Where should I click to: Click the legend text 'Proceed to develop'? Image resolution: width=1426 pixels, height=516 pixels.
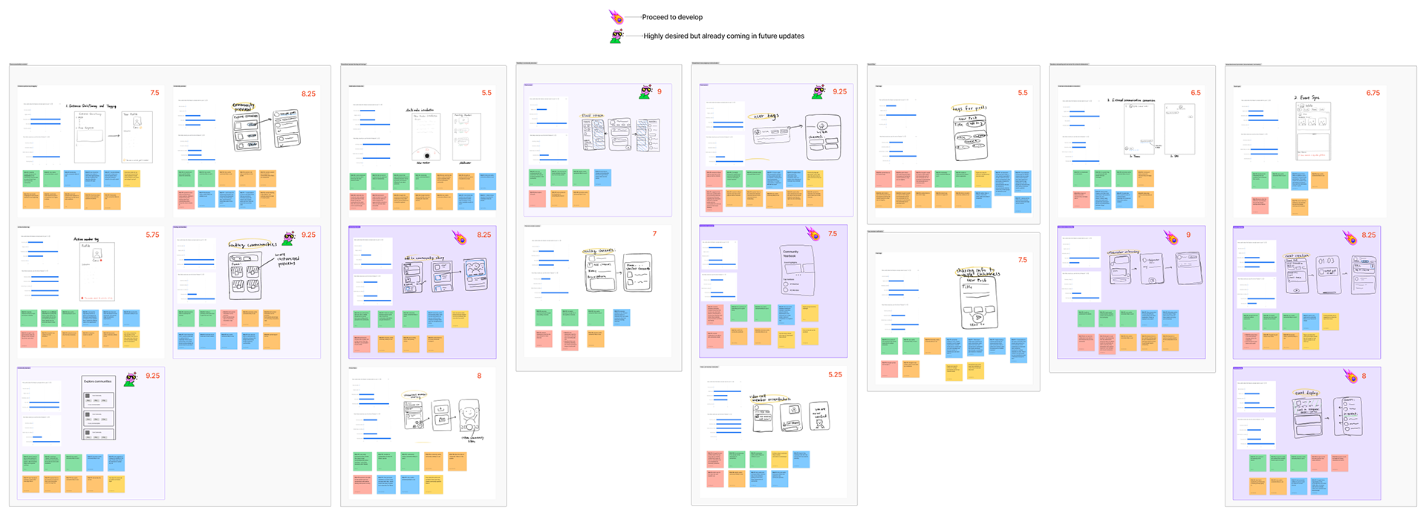pos(672,17)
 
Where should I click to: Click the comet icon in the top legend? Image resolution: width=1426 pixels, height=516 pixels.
pos(616,16)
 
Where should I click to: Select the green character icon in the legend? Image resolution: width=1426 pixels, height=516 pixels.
pos(616,36)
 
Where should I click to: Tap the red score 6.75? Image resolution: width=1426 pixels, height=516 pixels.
pos(1373,94)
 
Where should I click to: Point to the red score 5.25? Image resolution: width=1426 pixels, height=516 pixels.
pos(835,375)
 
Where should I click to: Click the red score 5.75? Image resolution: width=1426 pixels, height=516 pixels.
pos(152,235)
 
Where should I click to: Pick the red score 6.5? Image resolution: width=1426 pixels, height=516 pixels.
pos(1195,94)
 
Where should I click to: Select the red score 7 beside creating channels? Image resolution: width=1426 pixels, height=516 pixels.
pos(654,234)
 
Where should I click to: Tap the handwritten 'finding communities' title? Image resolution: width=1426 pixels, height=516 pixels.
pos(253,244)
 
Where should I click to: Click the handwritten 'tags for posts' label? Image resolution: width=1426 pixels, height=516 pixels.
pos(969,108)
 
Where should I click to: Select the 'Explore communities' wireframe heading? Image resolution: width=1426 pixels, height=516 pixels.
pos(98,382)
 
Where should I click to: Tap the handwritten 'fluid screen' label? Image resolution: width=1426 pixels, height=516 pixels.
pos(593,116)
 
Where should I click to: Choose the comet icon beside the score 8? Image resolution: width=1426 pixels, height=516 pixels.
pos(1350,376)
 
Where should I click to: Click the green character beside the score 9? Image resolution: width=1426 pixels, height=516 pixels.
pos(645,92)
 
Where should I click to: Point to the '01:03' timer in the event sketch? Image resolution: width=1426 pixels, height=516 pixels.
pos(1326,261)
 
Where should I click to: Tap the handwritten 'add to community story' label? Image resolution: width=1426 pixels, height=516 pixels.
pos(424,258)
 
